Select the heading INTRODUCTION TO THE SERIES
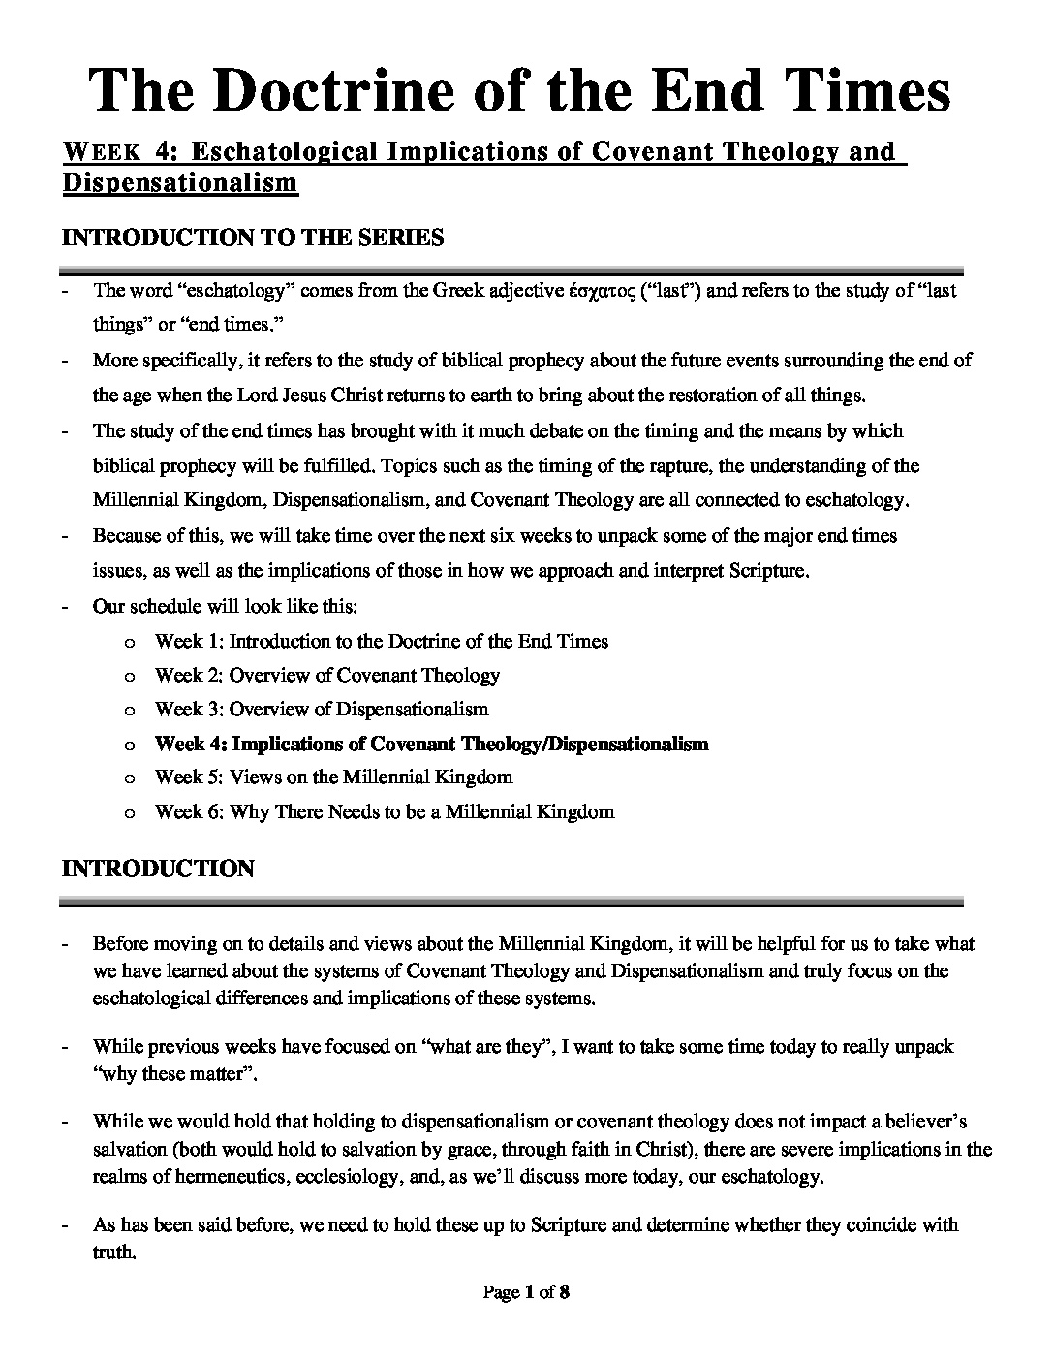click(x=253, y=238)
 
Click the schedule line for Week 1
click(x=382, y=641)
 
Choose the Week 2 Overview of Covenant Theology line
click(x=327, y=675)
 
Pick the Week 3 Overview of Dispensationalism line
click(x=322, y=709)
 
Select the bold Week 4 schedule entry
click(x=432, y=744)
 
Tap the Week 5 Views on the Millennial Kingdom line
click(x=333, y=778)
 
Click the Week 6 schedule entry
click(x=385, y=811)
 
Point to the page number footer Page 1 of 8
click(x=526, y=1291)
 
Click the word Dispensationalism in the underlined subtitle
click(x=180, y=182)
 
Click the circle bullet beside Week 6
click(x=130, y=812)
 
